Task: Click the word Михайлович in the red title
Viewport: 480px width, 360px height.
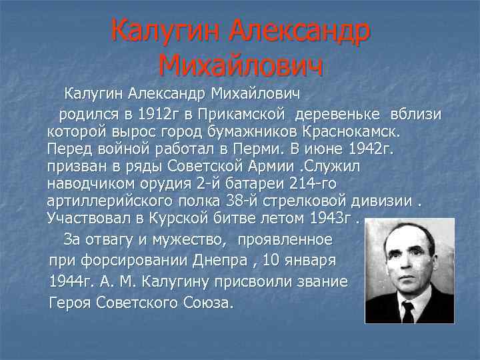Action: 241,65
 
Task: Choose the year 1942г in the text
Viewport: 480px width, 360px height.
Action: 366,149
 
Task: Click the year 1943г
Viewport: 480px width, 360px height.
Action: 331,218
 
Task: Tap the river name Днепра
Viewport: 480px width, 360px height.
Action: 224,258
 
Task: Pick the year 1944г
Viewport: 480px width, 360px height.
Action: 71,281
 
